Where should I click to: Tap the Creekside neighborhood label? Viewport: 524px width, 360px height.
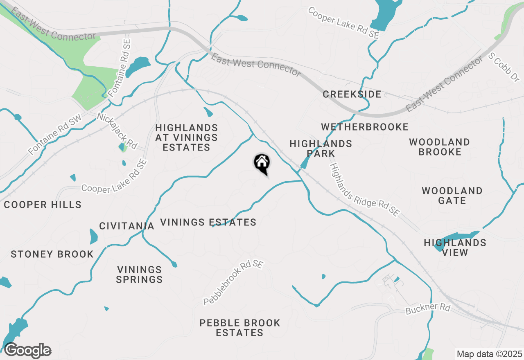click(352, 94)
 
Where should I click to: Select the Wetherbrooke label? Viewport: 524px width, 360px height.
click(365, 127)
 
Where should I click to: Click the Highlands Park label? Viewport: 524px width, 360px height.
click(321, 148)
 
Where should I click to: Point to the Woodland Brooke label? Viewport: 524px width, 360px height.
click(440, 147)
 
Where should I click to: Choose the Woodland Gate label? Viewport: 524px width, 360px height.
click(452, 196)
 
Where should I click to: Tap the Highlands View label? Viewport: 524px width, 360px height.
click(455, 248)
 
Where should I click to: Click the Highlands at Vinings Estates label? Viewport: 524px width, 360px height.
click(187, 138)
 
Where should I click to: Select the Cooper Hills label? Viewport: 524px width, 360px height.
click(43, 205)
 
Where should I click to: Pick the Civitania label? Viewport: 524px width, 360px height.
click(127, 226)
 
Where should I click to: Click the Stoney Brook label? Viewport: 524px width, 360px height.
click(52, 254)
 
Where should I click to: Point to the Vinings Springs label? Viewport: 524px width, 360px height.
click(140, 274)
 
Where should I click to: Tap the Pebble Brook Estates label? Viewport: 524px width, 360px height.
click(240, 328)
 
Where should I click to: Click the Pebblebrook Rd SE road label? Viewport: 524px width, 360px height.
click(233, 283)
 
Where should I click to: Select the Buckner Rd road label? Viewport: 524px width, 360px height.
click(428, 309)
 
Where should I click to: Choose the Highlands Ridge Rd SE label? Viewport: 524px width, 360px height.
click(365, 190)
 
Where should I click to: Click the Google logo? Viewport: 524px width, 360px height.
click(27, 351)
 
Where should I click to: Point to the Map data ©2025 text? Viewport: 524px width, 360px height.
click(489, 354)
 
